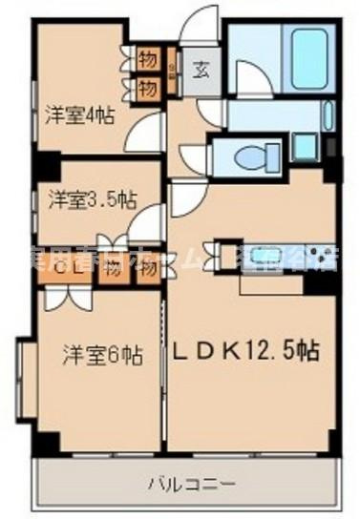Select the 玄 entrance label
(x=203, y=69)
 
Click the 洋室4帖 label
(x=79, y=116)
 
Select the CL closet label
(x=65, y=268)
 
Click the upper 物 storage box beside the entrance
(x=147, y=55)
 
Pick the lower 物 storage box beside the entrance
(x=147, y=88)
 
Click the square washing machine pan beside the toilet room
(x=305, y=147)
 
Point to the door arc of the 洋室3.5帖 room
(x=147, y=224)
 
